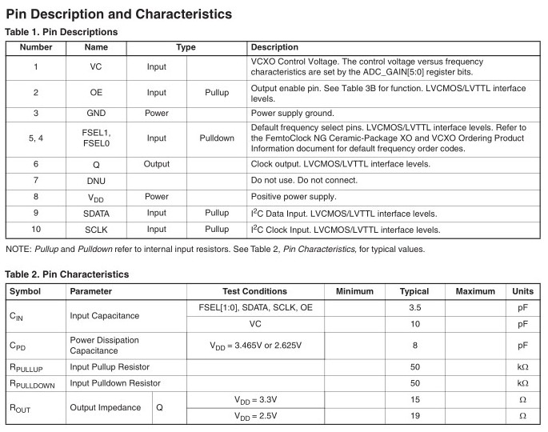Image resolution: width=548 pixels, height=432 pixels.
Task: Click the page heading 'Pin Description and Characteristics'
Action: point(119,14)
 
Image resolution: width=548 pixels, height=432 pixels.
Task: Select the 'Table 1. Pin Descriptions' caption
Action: point(62,32)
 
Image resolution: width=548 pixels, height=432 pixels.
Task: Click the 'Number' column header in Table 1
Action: point(36,47)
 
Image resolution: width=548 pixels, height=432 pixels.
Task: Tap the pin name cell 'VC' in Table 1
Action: point(96,67)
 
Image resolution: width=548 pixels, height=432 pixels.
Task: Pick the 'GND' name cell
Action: point(96,113)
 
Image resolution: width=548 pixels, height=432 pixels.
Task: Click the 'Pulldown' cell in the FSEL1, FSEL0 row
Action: point(217,138)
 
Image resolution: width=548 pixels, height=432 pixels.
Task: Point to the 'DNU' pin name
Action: point(96,180)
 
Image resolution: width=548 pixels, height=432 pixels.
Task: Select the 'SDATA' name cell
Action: point(96,214)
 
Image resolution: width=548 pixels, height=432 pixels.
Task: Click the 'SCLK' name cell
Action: point(96,230)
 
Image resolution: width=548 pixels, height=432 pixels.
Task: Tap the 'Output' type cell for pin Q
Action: point(157,164)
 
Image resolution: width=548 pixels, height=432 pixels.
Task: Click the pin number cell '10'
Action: point(36,230)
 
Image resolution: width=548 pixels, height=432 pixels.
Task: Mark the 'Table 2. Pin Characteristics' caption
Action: point(66,274)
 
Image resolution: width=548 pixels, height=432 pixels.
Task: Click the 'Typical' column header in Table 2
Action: point(414,291)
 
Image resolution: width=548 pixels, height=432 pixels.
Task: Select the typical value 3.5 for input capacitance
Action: point(414,307)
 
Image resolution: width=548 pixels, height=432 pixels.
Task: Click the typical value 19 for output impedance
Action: point(414,416)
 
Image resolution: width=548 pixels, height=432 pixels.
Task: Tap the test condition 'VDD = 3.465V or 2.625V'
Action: point(255,346)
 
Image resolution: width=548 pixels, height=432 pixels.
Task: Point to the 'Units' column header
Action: point(522,291)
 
